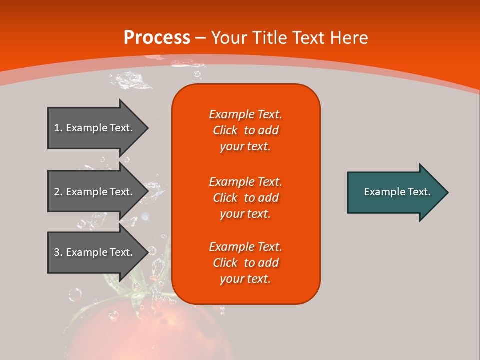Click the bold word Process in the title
point(157,38)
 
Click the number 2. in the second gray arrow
point(58,192)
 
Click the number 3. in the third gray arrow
point(58,252)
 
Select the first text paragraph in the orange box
point(245,130)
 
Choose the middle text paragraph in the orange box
point(245,198)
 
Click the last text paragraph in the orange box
point(245,263)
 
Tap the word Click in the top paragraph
point(225,130)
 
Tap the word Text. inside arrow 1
point(120,128)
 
